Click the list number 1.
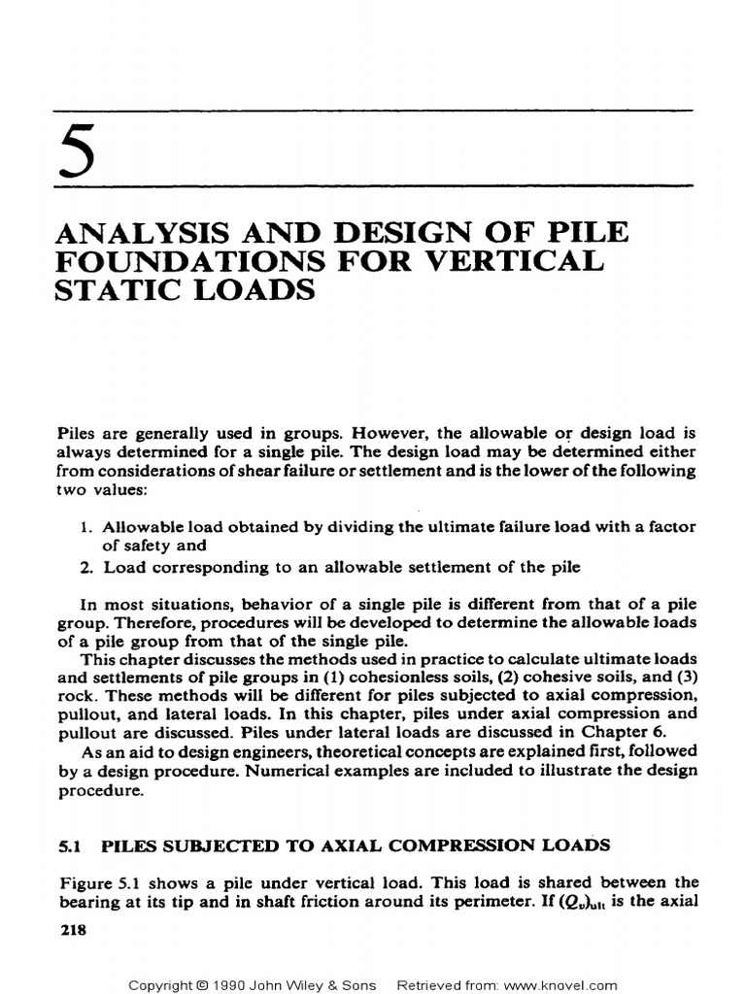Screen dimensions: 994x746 (x=83, y=525)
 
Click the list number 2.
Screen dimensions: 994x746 (x=83, y=568)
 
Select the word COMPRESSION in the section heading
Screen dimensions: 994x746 (x=463, y=845)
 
